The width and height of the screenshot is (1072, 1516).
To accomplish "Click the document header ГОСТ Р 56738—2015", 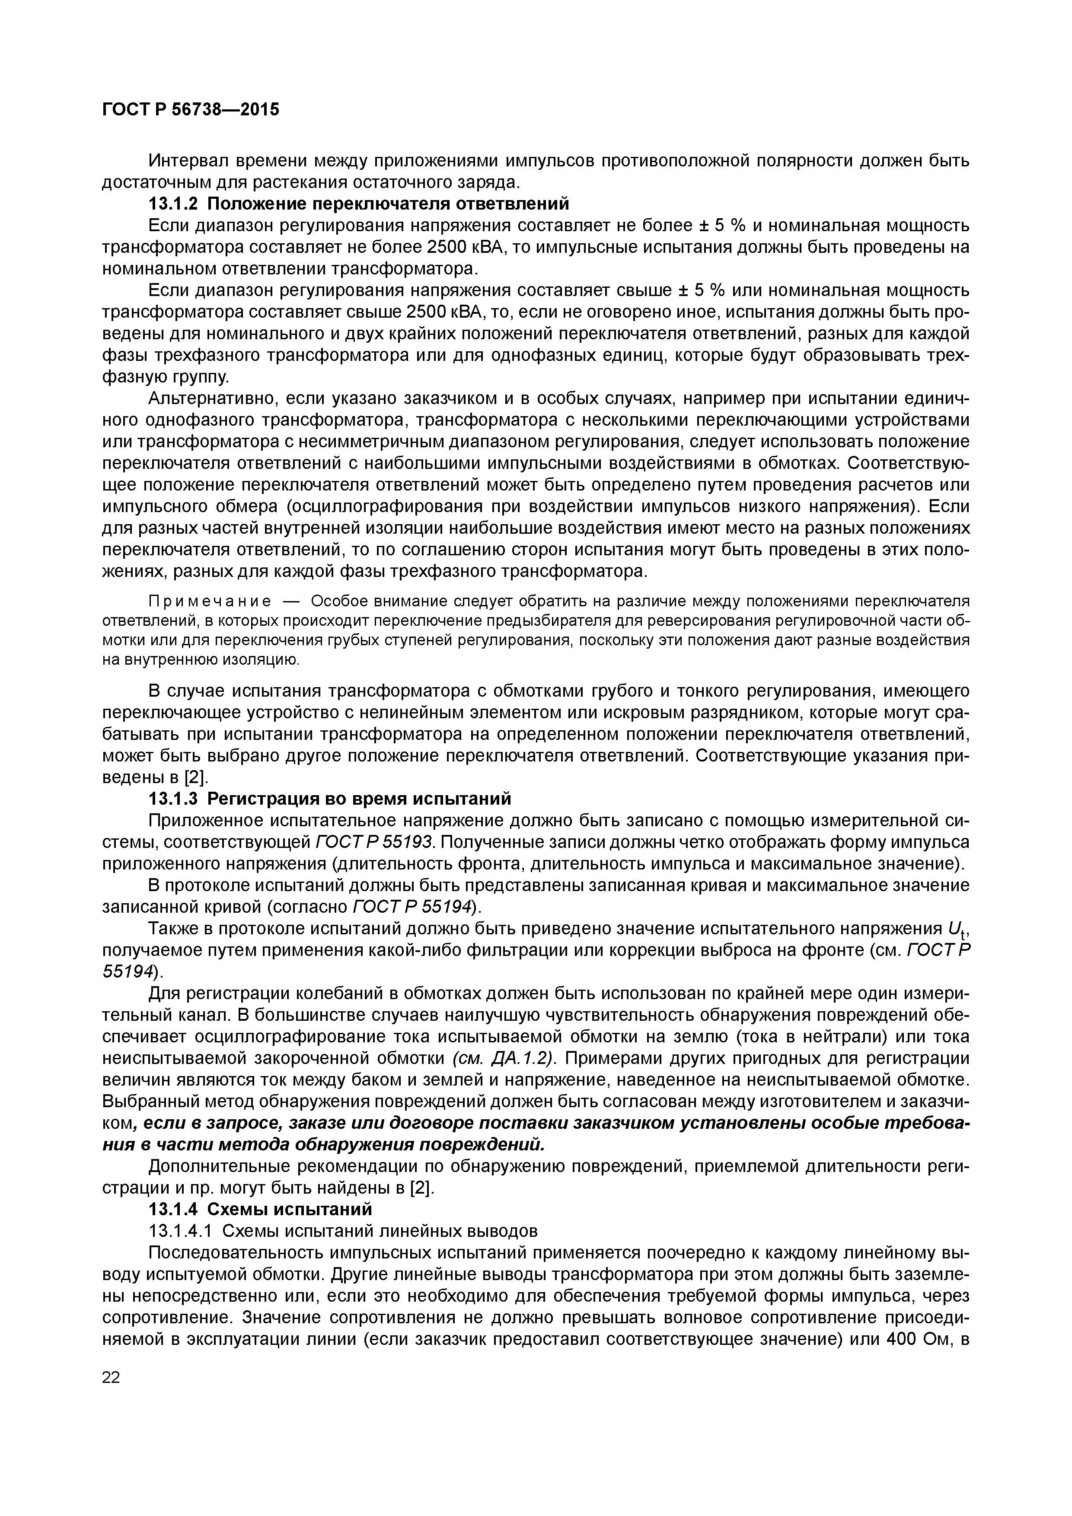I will (x=191, y=110).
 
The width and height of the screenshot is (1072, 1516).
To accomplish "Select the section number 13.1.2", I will (x=173, y=204).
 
